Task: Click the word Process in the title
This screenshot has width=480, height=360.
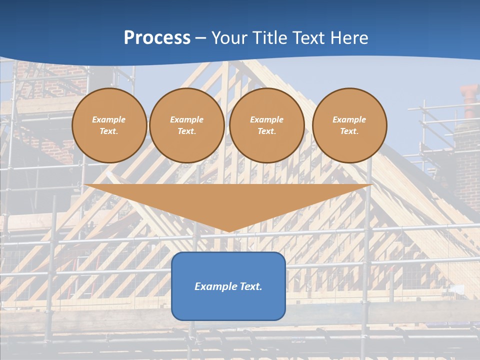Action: coord(157,38)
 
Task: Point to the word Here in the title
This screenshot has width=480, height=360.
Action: coord(350,38)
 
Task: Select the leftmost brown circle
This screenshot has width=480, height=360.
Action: coord(109,125)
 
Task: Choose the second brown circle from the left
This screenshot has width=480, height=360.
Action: coord(187,125)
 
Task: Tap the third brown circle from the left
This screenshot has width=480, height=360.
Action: coord(267,125)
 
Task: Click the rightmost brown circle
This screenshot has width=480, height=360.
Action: coord(349,125)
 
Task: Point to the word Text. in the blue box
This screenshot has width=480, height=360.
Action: coord(251,286)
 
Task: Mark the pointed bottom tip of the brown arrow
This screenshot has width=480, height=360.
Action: coord(228,231)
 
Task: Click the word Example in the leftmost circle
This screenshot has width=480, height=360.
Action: coord(109,119)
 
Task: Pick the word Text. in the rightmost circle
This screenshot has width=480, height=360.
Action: coord(349,131)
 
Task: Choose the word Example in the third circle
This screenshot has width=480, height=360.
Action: coord(267,119)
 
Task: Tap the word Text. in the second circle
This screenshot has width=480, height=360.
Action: coord(187,131)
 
